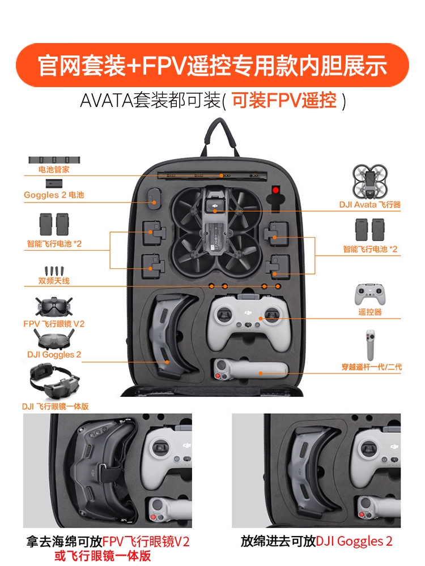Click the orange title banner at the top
(x=212, y=65)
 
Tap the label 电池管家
(x=54, y=169)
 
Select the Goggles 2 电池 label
(x=54, y=195)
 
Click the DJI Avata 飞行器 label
(x=369, y=205)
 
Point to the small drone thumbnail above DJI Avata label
(x=369, y=182)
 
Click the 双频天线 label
(x=54, y=281)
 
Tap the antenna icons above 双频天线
(x=54, y=271)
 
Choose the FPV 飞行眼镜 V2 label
(x=54, y=324)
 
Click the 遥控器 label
(x=369, y=312)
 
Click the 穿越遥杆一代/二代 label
(x=372, y=367)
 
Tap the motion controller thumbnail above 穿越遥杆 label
(x=370, y=345)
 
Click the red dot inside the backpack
(x=276, y=190)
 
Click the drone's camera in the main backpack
(x=214, y=207)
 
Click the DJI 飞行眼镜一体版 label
(x=56, y=406)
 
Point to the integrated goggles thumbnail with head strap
(x=54, y=381)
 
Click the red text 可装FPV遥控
(x=284, y=100)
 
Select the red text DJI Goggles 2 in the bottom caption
(x=354, y=541)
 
